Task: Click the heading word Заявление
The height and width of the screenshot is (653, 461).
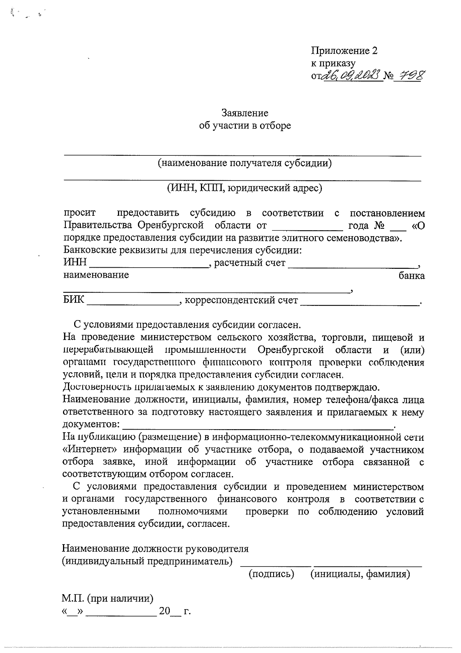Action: point(245,113)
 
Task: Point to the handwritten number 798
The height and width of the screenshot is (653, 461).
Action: point(410,75)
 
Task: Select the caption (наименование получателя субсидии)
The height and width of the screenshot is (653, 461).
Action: point(245,163)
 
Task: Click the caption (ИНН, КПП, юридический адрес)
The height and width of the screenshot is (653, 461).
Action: point(244,188)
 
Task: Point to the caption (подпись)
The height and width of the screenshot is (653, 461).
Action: point(271,574)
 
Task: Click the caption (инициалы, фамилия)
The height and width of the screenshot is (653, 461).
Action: point(360,574)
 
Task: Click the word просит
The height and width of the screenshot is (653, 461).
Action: point(80,213)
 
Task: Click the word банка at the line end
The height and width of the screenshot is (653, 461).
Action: point(411,276)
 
